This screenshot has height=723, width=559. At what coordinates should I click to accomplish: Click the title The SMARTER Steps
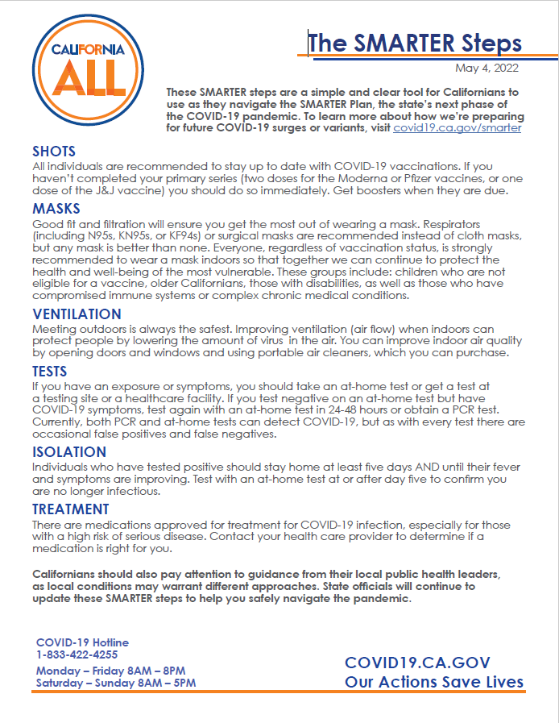pos(415,43)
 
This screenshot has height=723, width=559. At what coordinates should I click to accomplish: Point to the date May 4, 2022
pos(487,68)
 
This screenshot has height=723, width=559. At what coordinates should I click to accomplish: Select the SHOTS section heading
pos(54,152)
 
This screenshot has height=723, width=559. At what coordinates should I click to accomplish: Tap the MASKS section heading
pos(56,209)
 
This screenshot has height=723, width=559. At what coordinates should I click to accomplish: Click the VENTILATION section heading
pos(77,314)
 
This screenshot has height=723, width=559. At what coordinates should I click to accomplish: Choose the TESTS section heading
pos(50,372)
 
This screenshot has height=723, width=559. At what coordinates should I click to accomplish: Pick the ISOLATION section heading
pos(69,452)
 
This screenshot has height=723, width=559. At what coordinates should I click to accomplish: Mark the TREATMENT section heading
pos(71,509)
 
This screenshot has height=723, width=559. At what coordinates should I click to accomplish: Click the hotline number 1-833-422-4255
pos(77,654)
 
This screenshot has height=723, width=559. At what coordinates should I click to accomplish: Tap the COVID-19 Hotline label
pos(82,642)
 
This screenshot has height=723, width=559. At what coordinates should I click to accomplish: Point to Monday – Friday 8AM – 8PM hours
pos(111,671)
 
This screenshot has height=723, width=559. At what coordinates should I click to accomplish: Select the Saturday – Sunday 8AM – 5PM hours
pos(116,683)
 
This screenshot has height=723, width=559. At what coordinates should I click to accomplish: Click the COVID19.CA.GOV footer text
pos(417,663)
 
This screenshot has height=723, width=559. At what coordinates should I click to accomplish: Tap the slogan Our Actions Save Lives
pos(434,683)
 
